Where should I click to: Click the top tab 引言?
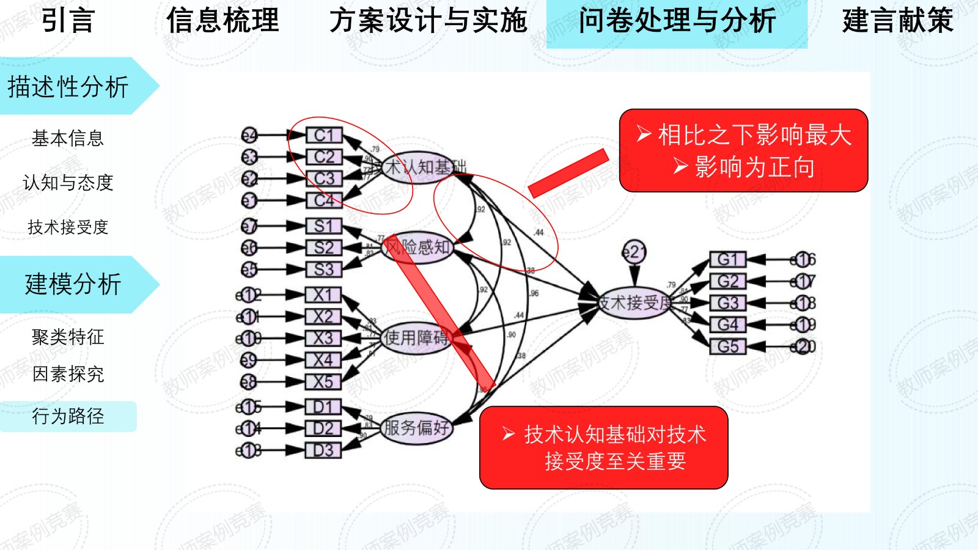68,21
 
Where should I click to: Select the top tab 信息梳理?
222,21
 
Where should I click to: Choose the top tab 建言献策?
897,21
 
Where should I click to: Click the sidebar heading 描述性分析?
68,87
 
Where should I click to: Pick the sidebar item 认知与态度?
68,183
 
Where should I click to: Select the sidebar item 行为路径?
68,417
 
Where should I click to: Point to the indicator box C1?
323,135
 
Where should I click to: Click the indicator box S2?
323,248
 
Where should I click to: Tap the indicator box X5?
323,382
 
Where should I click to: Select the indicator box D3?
323,450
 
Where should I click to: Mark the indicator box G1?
727,260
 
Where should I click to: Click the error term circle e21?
634,252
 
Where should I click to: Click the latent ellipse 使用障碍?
416,337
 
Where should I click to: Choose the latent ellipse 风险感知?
417,248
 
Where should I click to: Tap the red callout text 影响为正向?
754,167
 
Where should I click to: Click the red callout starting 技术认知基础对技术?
604,447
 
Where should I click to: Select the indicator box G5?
727,346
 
